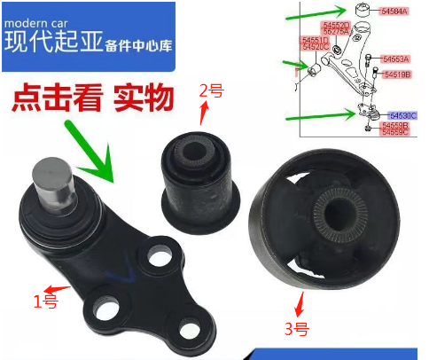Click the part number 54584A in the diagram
point(394,12)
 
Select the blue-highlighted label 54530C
point(400,116)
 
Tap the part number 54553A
point(395,59)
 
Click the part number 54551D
point(316,40)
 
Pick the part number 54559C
point(395,134)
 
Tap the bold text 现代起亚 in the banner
point(51,42)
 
